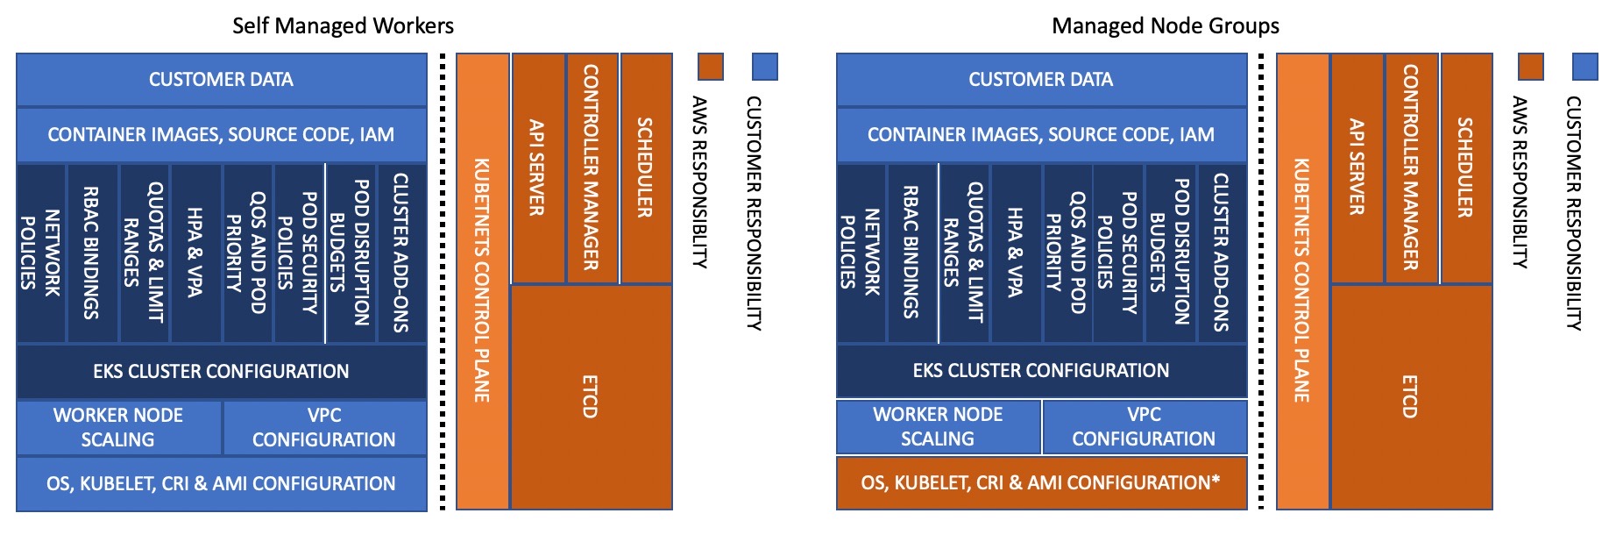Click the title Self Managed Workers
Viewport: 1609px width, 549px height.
tap(343, 25)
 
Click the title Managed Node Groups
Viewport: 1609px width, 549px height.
tap(1165, 25)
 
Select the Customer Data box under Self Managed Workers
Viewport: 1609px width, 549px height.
tap(221, 80)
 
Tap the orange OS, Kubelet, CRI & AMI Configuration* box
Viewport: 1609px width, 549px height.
tap(1041, 482)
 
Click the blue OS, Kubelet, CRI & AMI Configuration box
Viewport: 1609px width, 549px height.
tap(221, 483)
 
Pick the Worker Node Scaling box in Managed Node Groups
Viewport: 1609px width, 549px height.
tap(938, 426)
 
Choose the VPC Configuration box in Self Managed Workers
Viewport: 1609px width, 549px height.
tap(324, 427)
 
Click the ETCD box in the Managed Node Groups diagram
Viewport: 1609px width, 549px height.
tap(1411, 396)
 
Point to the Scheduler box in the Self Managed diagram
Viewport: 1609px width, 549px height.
tap(646, 168)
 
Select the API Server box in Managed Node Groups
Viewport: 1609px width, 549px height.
tap(1357, 168)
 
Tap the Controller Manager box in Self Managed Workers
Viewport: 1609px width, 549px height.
tap(592, 168)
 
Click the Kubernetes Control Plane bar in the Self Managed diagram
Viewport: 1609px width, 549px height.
tap(482, 281)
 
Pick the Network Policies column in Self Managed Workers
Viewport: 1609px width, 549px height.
tap(41, 253)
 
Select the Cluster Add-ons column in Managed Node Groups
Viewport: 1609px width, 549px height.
tap(1222, 253)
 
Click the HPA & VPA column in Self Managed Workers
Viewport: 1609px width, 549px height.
tap(195, 253)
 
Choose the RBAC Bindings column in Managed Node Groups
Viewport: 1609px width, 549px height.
tap(911, 253)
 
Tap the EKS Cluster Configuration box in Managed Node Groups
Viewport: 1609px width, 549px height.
tap(1041, 371)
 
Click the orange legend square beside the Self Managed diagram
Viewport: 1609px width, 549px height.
tap(711, 67)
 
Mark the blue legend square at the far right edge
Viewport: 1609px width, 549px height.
tap(1585, 67)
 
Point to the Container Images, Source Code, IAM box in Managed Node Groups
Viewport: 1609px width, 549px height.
tap(1041, 134)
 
